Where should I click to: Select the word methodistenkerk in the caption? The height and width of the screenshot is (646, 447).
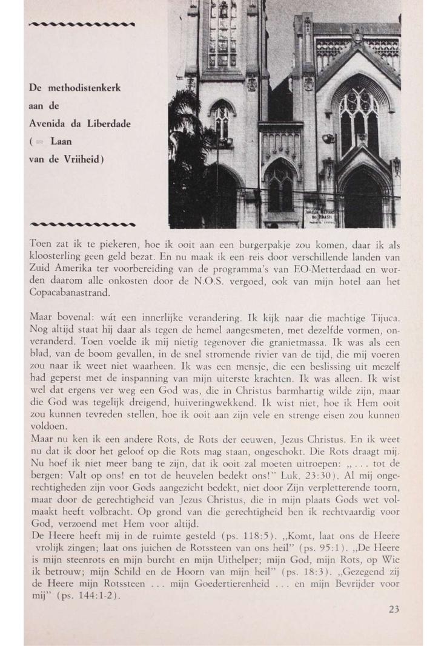pos(85,88)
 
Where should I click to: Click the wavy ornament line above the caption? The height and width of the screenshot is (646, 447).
pos(82,24)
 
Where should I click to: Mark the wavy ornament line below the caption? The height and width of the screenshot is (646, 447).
pos(82,223)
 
